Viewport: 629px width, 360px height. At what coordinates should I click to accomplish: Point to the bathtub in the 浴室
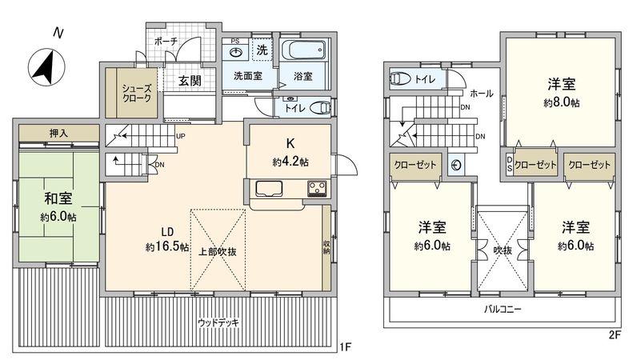304,54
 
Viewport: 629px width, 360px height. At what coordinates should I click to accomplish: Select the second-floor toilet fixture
400,78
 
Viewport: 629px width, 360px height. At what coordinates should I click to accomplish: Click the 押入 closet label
58,134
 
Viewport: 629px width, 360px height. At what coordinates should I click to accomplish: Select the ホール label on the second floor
481,93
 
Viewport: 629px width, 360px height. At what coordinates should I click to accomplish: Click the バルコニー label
503,308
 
